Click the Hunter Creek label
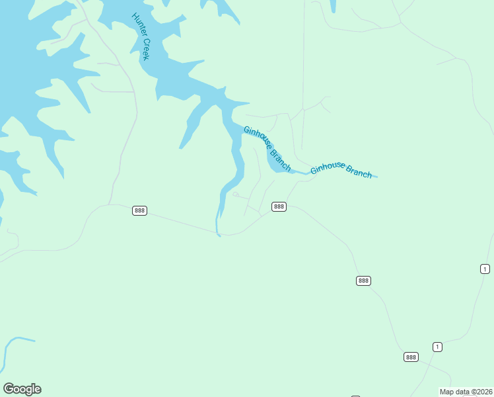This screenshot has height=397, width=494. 141,36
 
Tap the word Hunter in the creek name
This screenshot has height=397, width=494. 138,26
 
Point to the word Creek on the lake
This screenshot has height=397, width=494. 145,48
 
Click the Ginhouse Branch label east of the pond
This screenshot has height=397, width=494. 341,169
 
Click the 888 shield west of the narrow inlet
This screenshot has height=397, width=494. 139,210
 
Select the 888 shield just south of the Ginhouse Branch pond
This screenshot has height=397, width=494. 279,206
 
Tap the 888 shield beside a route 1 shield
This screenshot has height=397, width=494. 411,357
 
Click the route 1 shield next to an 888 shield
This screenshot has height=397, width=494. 437,347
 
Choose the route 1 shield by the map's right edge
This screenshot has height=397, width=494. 485,268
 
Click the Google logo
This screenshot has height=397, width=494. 22,389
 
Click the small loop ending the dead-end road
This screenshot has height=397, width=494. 235,195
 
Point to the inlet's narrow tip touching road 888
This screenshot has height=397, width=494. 218,234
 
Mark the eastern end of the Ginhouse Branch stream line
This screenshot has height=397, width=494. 377,177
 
